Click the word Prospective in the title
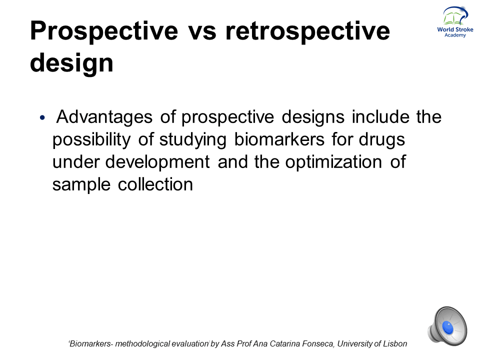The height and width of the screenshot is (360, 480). [104, 31]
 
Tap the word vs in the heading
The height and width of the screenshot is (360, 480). [201, 31]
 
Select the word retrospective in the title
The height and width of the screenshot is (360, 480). [307, 31]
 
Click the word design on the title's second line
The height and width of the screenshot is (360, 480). [71, 63]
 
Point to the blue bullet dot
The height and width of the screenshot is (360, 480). [42, 117]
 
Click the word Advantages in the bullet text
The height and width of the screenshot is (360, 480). [104, 117]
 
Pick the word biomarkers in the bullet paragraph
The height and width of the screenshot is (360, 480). [279, 139]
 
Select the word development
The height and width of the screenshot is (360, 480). [157, 162]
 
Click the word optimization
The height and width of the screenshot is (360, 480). [333, 162]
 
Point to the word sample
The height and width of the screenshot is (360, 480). [81, 185]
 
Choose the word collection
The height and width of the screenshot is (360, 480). [155, 184]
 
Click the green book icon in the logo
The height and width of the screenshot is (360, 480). [454, 18]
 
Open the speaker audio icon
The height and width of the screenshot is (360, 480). [447, 326]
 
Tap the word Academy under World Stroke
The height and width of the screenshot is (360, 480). [455, 35]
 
